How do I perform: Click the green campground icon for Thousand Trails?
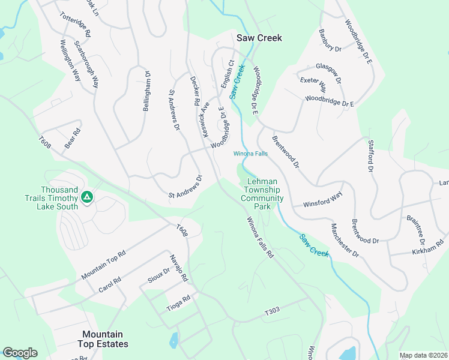click(87, 196)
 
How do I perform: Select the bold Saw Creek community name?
click(259, 38)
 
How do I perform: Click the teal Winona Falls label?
click(250, 154)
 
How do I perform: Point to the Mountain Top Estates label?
click(103, 339)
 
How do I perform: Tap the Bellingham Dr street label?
click(146, 91)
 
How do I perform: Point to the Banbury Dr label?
click(330, 40)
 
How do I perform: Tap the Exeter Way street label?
click(313, 82)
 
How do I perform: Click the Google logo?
click(20, 353)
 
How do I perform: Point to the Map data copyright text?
click(423, 355)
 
